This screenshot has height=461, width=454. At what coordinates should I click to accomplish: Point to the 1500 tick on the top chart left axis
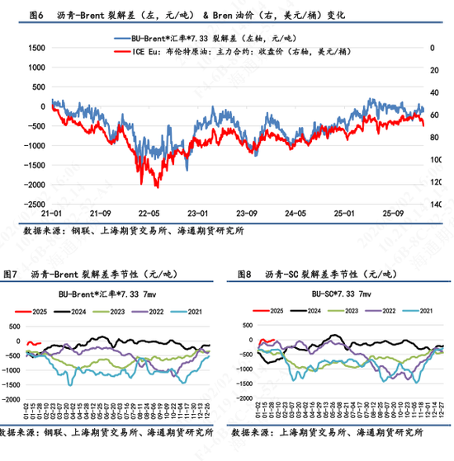(35, 48)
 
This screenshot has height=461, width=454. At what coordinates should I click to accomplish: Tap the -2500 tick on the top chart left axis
(33, 205)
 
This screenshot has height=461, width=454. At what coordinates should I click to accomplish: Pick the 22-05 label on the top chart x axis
(149, 212)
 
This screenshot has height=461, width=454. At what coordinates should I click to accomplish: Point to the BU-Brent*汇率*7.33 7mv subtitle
(111, 293)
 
